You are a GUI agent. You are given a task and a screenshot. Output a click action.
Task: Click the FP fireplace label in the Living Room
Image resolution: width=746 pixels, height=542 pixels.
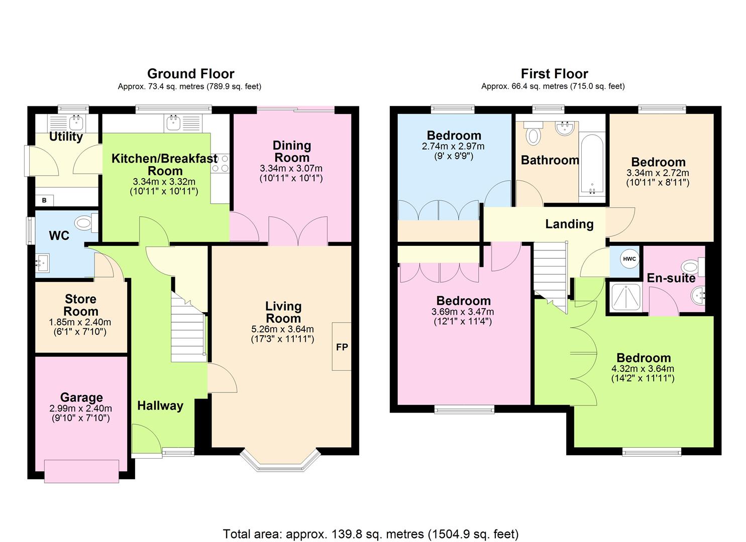(x=342, y=347)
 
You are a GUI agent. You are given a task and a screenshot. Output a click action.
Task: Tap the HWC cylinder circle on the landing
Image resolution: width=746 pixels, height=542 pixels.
(x=629, y=259)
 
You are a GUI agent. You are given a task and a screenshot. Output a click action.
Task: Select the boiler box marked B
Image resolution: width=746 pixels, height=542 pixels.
(x=44, y=200)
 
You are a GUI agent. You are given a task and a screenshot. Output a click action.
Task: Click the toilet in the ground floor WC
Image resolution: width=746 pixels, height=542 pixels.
(x=86, y=222)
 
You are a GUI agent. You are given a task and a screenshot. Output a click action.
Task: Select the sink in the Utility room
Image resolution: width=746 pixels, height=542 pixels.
(x=76, y=121)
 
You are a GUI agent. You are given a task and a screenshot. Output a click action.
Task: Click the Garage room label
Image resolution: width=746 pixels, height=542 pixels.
(x=81, y=397)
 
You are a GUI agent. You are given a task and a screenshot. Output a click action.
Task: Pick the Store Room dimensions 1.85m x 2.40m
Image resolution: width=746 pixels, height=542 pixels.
(x=81, y=322)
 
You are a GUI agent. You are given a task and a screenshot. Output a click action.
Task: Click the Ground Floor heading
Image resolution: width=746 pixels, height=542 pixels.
(x=190, y=74)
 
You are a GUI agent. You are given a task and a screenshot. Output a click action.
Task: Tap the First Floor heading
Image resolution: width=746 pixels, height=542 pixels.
(x=554, y=74)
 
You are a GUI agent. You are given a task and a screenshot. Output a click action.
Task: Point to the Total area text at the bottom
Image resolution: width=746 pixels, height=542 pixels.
(x=370, y=534)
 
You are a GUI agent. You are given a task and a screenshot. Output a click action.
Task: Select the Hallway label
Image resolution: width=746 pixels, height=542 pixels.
(x=160, y=405)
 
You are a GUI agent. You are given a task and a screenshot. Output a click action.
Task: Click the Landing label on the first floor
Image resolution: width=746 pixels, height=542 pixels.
(x=569, y=224)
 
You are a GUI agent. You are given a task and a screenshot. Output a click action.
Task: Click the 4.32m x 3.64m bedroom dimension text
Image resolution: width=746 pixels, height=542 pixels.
(x=643, y=368)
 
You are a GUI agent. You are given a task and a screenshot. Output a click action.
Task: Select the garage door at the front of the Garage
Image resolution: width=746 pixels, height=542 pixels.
(x=81, y=471)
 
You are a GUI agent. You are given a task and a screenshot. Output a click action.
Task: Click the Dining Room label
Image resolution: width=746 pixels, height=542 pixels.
(x=291, y=151)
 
